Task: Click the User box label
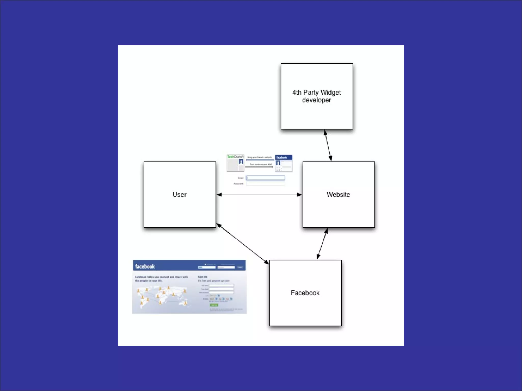179,194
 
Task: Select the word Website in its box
338,194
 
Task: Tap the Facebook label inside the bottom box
305,293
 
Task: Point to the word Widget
331,92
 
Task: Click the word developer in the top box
317,100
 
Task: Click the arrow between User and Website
259,195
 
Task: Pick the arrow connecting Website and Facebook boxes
322,244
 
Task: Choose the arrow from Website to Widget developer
328,145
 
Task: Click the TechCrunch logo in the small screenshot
235,157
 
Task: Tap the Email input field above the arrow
265,178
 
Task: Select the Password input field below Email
265,184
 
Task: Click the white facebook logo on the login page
145,267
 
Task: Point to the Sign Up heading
203,277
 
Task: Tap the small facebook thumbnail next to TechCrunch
284,163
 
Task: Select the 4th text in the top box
297,92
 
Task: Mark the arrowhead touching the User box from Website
219,195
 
